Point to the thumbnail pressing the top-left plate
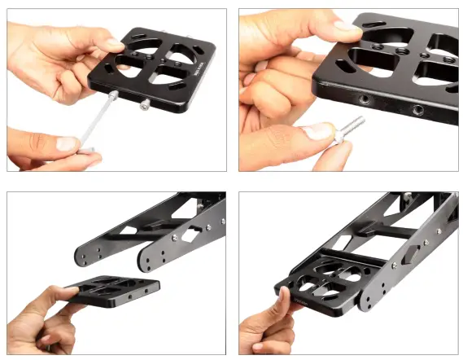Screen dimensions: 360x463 point(111,44)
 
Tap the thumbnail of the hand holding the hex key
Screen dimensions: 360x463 point(67,143)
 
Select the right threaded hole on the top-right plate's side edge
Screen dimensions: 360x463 point(417,109)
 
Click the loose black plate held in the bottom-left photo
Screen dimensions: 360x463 point(111,292)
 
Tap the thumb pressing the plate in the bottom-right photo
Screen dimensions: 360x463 point(281,302)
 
